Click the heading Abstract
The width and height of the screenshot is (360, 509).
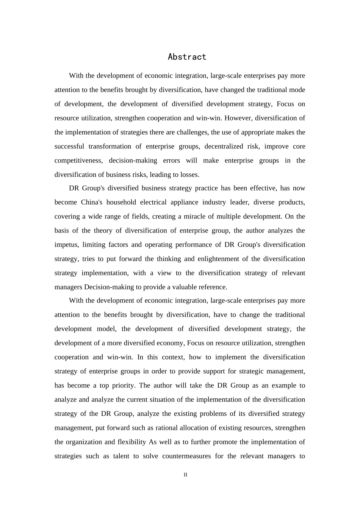187,57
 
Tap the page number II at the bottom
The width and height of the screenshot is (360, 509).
185,475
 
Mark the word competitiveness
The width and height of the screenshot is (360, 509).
78,161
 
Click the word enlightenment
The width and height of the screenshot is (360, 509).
222,259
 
